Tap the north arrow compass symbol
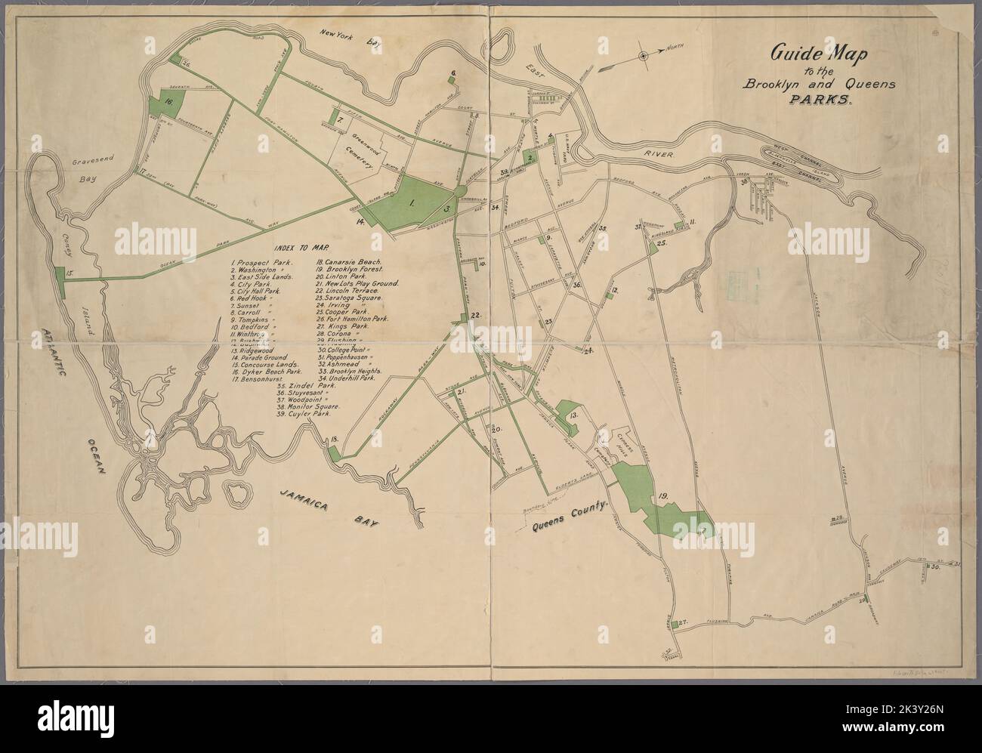click(643, 55)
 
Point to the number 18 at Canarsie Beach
click(333, 440)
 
